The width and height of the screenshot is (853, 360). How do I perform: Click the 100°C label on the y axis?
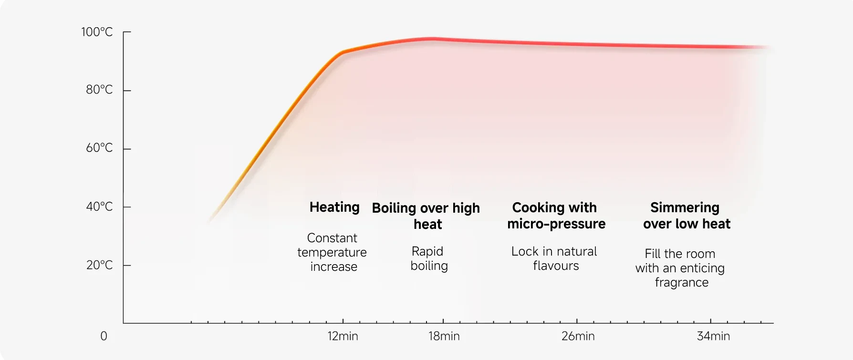pyautogui.click(x=97, y=32)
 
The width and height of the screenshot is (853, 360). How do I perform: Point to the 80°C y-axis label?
pyautogui.click(x=99, y=90)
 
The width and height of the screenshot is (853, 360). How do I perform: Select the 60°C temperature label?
pyautogui.click(x=99, y=148)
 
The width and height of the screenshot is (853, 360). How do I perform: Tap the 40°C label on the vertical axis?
pyautogui.click(x=99, y=206)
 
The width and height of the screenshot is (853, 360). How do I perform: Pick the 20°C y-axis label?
pyautogui.click(x=99, y=265)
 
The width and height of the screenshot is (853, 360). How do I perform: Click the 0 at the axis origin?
pyautogui.click(x=104, y=336)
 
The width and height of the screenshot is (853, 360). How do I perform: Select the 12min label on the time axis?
pyautogui.click(x=343, y=336)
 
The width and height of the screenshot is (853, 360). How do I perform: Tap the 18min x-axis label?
pyautogui.click(x=444, y=336)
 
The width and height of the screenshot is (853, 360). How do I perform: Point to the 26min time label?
pyautogui.click(x=578, y=336)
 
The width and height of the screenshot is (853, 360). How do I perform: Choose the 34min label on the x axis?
pyautogui.click(x=713, y=336)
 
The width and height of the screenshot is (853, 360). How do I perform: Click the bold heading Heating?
pyautogui.click(x=334, y=207)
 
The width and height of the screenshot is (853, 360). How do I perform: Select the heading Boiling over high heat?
pyautogui.click(x=426, y=216)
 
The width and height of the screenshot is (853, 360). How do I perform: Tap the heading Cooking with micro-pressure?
pyautogui.click(x=556, y=216)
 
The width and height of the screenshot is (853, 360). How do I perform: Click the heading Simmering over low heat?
pyautogui.click(x=686, y=216)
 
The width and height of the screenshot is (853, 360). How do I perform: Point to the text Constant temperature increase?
pyautogui.click(x=333, y=252)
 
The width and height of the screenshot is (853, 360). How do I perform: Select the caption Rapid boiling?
pyautogui.click(x=428, y=258)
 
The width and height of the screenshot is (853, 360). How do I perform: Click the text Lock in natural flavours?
pyautogui.click(x=555, y=258)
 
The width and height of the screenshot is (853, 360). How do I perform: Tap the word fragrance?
pyautogui.click(x=681, y=282)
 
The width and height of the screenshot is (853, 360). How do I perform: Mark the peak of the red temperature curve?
pyautogui.click(x=432, y=38)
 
